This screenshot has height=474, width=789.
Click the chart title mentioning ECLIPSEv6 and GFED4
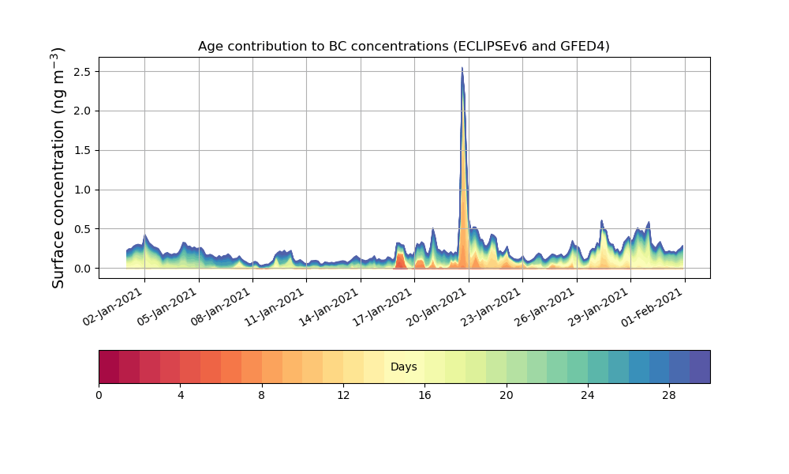(x=403, y=46)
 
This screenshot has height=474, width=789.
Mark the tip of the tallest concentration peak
(x=462, y=69)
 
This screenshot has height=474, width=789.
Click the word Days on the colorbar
(x=403, y=367)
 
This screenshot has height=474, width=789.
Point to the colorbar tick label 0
(x=99, y=394)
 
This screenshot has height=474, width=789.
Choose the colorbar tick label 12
(x=343, y=394)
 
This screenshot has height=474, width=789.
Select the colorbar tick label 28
(x=669, y=394)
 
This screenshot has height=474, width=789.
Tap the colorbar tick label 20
(x=506, y=394)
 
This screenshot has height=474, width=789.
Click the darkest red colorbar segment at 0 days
(x=109, y=367)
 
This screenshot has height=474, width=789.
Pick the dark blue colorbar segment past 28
(x=700, y=367)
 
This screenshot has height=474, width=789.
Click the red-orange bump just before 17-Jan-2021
(x=400, y=261)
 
